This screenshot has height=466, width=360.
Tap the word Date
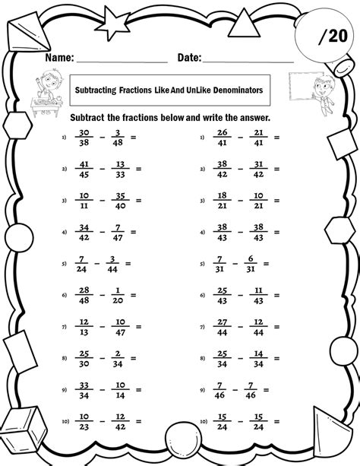coord(189,57)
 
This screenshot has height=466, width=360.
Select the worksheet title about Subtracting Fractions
coord(169,90)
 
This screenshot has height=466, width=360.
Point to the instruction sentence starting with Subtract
coord(171,119)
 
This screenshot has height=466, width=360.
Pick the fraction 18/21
coord(221,202)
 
